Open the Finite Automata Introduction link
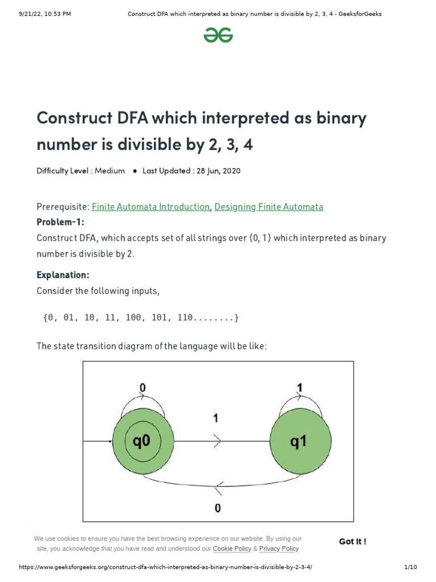pyautogui.click(x=150, y=207)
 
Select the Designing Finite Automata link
pyautogui.click(x=269, y=207)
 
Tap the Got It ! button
pyautogui.click(x=353, y=542)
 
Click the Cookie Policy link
pyautogui.click(x=232, y=549)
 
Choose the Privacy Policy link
pyautogui.click(x=279, y=549)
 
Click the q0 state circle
pyautogui.click(x=142, y=441)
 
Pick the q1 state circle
pyautogui.click(x=299, y=441)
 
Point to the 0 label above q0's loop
pyautogui.click(x=142, y=388)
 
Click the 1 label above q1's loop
pyautogui.click(x=299, y=388)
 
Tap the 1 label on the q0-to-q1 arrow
pyautogui.click(x=216, y=419)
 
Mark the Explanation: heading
pyautogui.click(x=63, y=275)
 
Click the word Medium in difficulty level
pyautogui.click(x=110, y=171)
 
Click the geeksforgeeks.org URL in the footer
pyautogui.click(x=166, y=568)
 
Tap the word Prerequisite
pyautogui.click(x=62, y=207)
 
